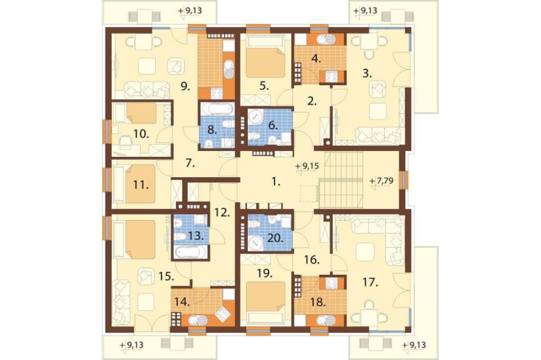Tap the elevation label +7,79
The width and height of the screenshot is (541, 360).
point(381,181)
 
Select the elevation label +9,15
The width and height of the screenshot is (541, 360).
point(307,166)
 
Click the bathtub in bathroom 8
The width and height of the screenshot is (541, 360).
point(217,109)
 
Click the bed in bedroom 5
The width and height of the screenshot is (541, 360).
point(265,58)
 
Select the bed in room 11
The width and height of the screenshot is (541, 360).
point(135,184)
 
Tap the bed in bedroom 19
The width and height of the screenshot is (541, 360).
point(265,302)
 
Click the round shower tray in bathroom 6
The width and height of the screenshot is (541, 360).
point(255,117)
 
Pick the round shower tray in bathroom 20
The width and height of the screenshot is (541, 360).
point(256,243)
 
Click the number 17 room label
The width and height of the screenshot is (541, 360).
point(370,283)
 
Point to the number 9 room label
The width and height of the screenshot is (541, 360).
point(186,86)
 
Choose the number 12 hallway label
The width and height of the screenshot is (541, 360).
point(222,212)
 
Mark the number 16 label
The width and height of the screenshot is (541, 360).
point(312,259)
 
